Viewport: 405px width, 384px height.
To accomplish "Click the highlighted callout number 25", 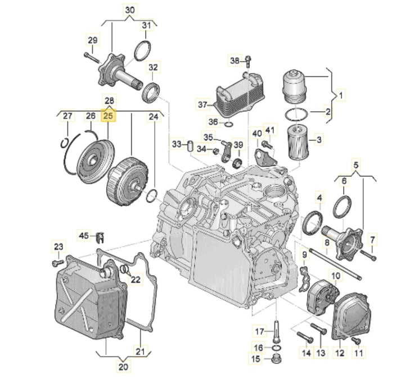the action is pyautogui.click(x=108, y=116).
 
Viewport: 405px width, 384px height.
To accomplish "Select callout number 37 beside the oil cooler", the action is pyautogui.click(x=202, y=104).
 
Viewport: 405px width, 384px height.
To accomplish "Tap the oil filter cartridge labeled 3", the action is pyautogui.click(x=298, y=141).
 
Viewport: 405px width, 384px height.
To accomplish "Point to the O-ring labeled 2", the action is pyautogui.click(x=296, y=113).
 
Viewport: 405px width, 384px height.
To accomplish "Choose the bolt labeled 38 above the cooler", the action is pyautogui.click(x=248, y=61).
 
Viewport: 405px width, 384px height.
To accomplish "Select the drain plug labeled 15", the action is pyautogui.click(x=277, y=359).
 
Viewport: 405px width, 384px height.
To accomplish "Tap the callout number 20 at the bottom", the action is pyautogui.click(x=123, y=367).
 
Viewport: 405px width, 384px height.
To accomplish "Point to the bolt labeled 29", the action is pyautogui.click(x=92, y=58).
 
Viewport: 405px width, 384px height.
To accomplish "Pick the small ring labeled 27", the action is pyautogui.click(x=64, y=143).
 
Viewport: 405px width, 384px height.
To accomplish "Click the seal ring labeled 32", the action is pyautogui.click(x=151, y=92).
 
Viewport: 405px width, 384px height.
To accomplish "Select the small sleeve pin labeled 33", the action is pyautogui.click(x=190, y=146).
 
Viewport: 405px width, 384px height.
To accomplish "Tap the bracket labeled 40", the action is pyautogui.click(x=265, y=156).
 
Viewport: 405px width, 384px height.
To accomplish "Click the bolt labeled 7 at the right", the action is pyautogui.click(x=368, y=254).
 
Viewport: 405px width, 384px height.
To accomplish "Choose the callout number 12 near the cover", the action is pyautogui.click(x=340, y=353).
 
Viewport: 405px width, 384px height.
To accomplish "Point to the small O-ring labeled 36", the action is pyautogui.click(x=229, y=125).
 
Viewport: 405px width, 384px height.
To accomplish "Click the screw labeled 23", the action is pyautogui.click(x=58, y=263).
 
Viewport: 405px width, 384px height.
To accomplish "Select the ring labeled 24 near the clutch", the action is pyautogui.click(x=152, y=195).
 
